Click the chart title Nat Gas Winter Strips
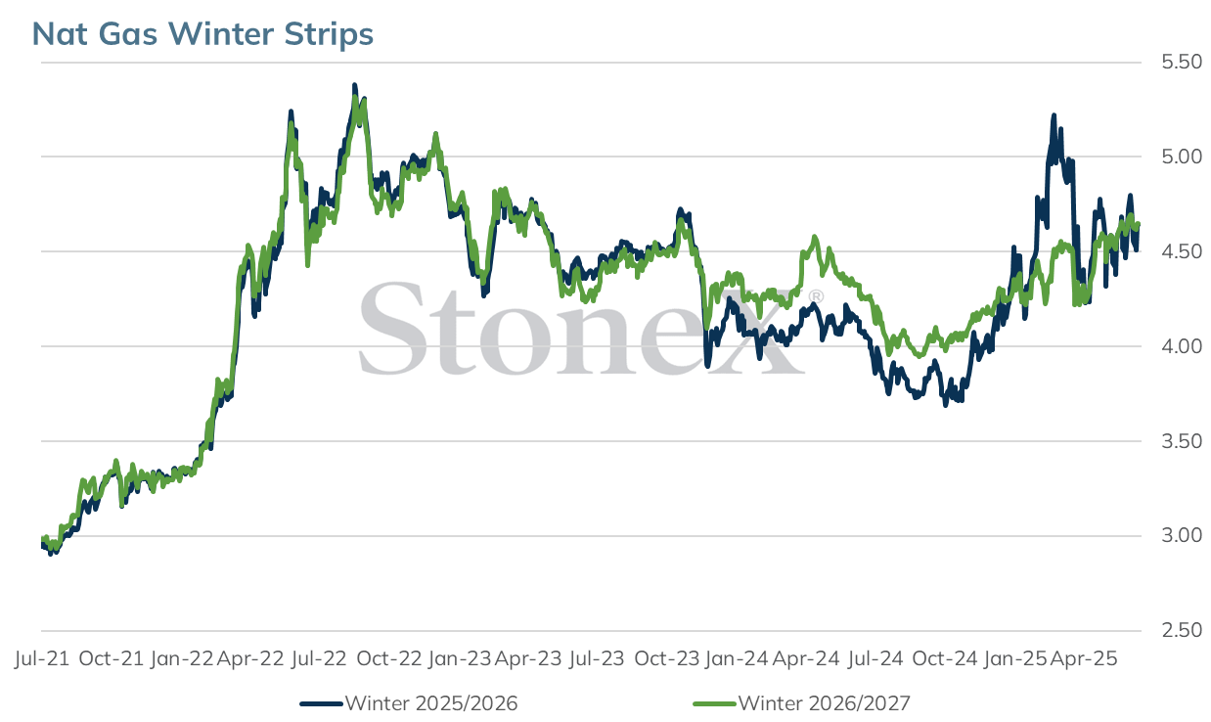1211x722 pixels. (202, 33)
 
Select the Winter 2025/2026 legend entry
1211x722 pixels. (409, 703)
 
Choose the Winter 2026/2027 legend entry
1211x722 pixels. (802, 703)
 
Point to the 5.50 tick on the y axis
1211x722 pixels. (1182, 62)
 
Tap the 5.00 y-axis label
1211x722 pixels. (1182, 157)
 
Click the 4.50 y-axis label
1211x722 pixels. (1182, 251)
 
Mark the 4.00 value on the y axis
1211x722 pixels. (1182, 346)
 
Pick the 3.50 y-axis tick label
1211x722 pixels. (1182, 441)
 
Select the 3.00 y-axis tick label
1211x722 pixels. (1182, 535)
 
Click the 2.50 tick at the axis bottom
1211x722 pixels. (1182, 631)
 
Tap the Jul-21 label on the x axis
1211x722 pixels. (42, 658)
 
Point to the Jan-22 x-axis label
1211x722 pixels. (182, 658)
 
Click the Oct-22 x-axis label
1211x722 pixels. (389, 658)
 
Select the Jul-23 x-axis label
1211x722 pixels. (597, 658)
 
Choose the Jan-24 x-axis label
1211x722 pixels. (737, 658)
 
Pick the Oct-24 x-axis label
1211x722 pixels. (945, 658)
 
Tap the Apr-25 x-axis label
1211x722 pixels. (1083, 658)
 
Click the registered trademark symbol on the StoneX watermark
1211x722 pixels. (817, 296)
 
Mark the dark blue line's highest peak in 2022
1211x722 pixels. (355, 85)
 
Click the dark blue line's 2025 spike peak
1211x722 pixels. (1054, 115)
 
